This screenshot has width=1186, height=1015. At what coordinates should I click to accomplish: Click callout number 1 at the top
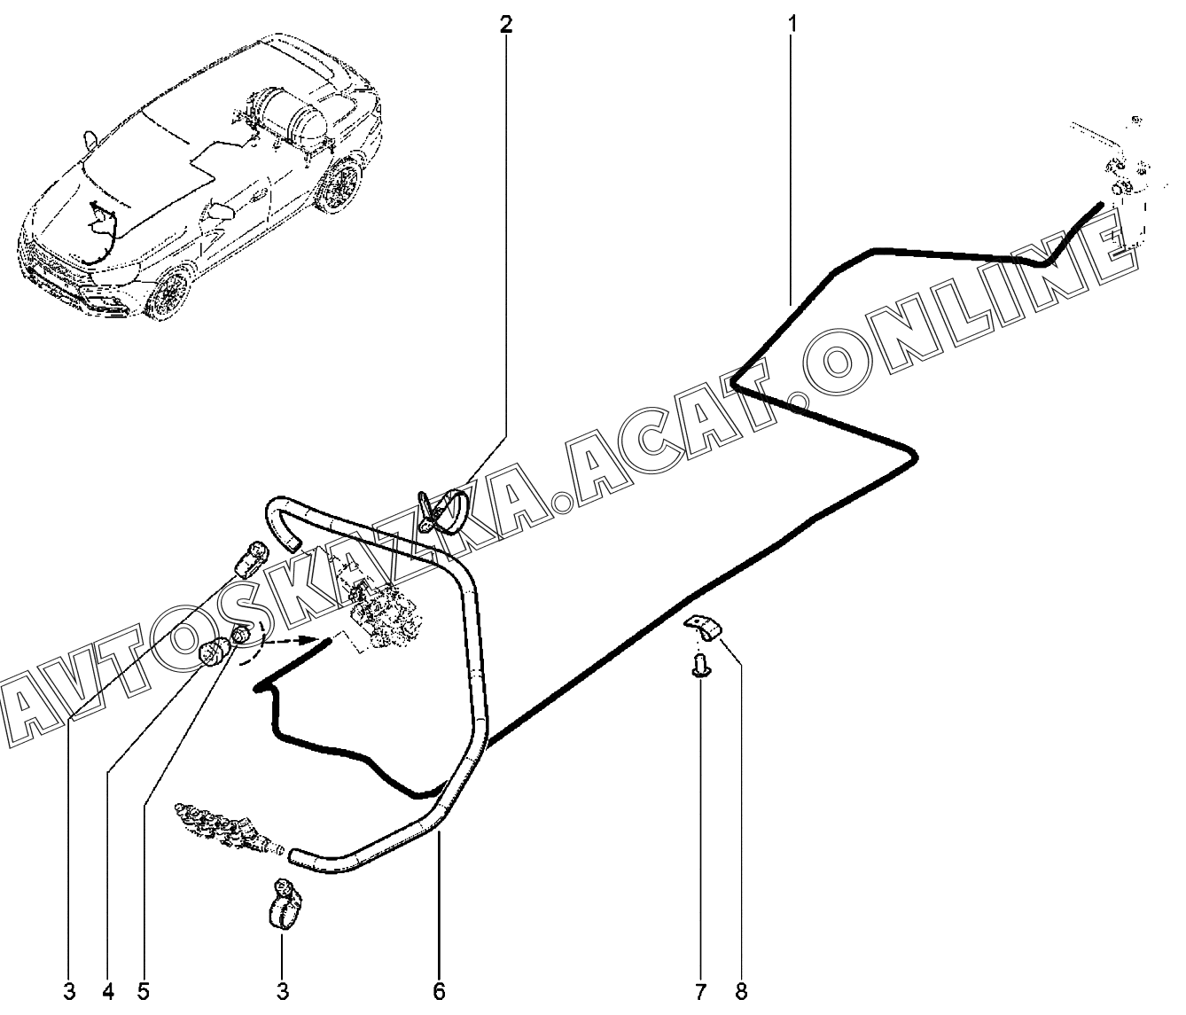[792, 25]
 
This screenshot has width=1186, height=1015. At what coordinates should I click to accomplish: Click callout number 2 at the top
[505, 25]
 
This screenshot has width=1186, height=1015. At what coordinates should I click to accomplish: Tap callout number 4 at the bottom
[108, 991]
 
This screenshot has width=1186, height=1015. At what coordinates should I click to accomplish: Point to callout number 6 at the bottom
[439, 991]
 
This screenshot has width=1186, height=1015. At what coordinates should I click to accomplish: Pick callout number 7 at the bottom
[700, 991]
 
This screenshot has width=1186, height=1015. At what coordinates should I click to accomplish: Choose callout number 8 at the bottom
[741, 991]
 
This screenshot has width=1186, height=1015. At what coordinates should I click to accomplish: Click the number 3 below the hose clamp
[283, 991]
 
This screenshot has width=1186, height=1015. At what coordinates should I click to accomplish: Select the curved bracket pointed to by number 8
[705, 627]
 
